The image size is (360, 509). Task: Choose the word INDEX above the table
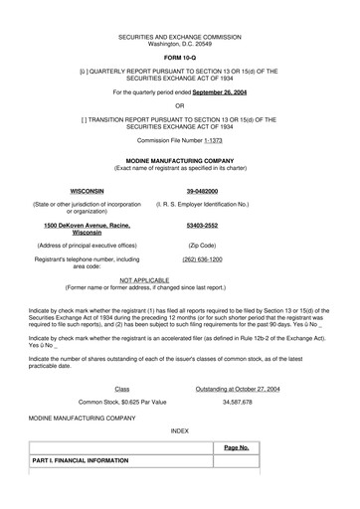(x=179, y=432)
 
